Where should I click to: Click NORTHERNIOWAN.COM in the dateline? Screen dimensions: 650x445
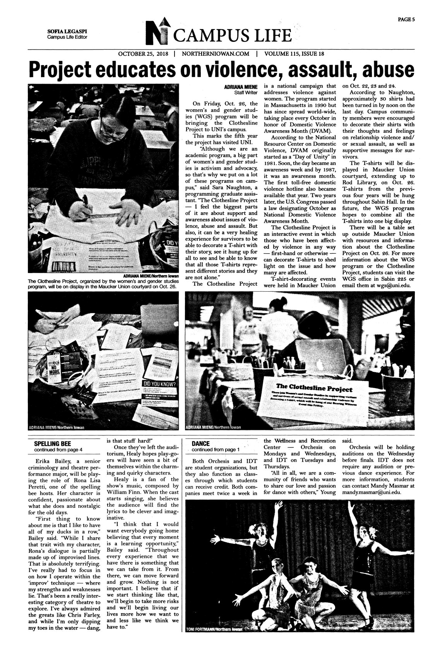tap(215, 54)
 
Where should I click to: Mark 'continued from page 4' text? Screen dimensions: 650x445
tap(58, 450)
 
